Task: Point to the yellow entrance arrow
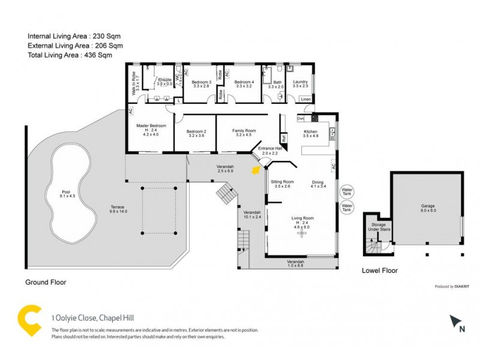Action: point(255,171)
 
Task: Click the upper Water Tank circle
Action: point(347,192)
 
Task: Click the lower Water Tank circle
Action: point(347,208)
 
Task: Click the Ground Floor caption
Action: point(46,281)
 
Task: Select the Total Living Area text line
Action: point(70,55)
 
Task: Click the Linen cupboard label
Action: point(306,99)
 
